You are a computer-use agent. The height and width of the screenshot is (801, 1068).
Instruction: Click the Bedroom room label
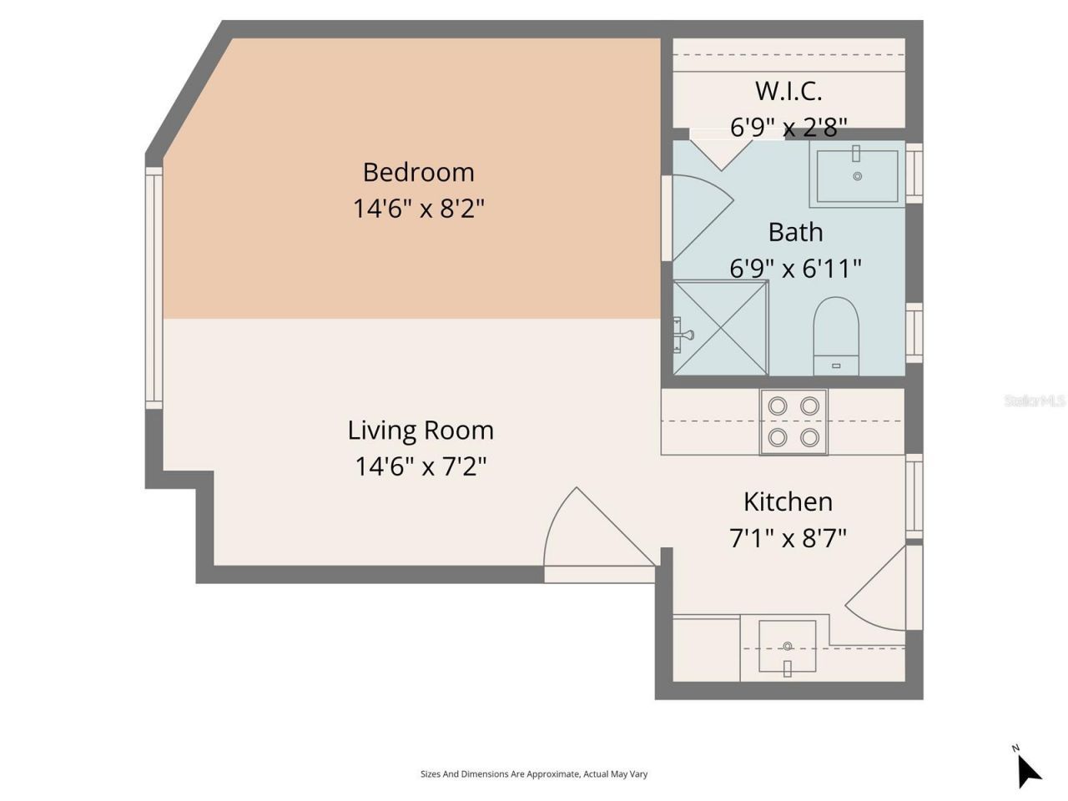pyautogui.click(x=418, y=172)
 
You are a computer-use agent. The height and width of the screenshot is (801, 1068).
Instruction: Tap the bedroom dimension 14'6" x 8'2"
pyautogui.click(x=418, y=208)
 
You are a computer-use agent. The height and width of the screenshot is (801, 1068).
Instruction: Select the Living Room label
pyautogui.click(x=421, y=431)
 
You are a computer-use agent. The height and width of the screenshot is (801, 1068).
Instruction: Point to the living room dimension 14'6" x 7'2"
pyautogui.click(x=421, y=466)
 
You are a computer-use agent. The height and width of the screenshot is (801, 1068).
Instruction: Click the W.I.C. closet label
pyautogui.click(x=788, y=90)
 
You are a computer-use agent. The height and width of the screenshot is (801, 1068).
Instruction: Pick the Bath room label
pyautogui.click(x=795, y=232)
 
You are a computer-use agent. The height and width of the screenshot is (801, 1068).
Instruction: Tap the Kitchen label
pyautogui.click(x=788, y=501)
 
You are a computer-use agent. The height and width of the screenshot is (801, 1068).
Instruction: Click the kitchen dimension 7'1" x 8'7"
pyautogui.click(x=788, y=538)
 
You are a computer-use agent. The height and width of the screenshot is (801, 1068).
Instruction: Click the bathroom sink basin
pyautogui.click(x=857, y=175)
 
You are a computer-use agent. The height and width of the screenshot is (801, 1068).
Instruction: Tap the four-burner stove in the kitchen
pyautogui.click(x=793, y=421)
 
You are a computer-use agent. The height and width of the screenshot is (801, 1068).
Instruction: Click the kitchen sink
pyautogui.click(x=787, y=647)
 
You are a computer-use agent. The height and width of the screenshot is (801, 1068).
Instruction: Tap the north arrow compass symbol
pyautogui.click(x=1028, y=768)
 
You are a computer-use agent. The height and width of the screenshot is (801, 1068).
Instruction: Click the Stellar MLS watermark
pyautogui.click(x=1035, y=400)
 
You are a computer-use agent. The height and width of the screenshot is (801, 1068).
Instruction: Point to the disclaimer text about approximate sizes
pyautogui.click(x=534, y=774)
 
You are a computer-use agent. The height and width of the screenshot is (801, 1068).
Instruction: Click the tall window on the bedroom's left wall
pyautogui.click(x=154, y=288)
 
